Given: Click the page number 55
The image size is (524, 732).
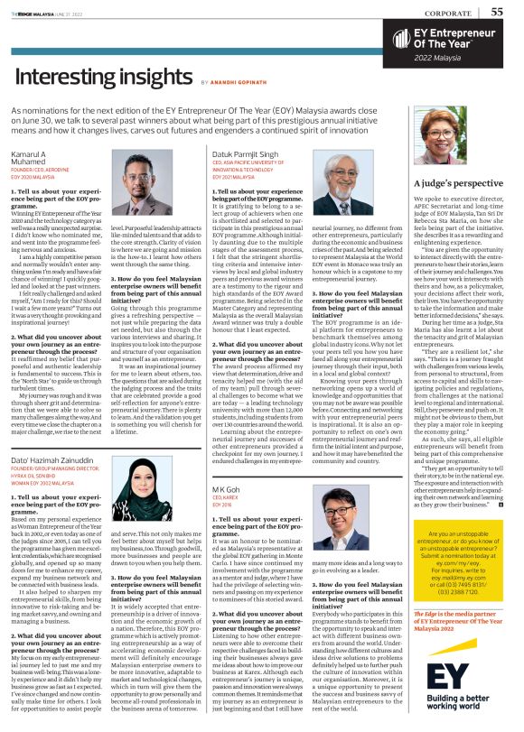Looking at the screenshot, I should click(x=497, y=12).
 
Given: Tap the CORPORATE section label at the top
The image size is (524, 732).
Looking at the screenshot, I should click(x=452, y=13).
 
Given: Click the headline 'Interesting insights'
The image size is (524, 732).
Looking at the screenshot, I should click(x=101, y=79).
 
